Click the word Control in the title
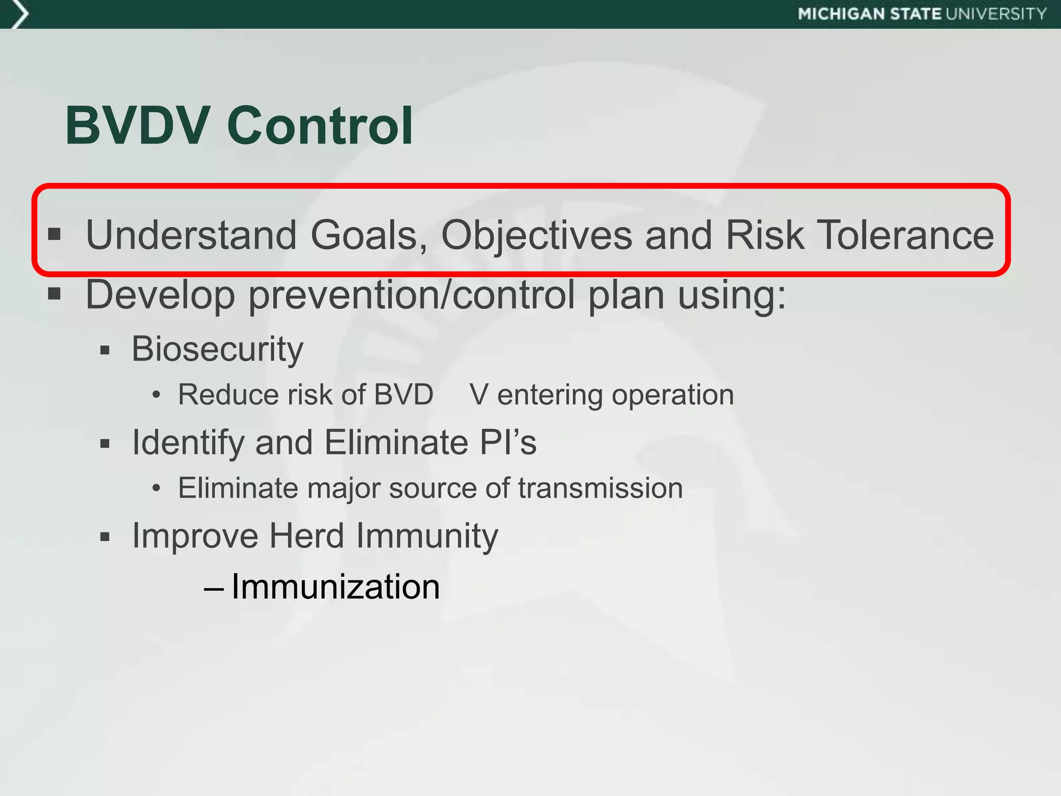click(x=320, y=125)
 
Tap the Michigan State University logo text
click(x=922, y=14)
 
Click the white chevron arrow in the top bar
click(x=19, y=14)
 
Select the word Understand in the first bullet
click(x=191, y=235)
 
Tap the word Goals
click(x=369, y=235)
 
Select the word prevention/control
click(x=412, y=294)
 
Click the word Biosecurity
click(x=217, y=349)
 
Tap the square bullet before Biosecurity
click(x=105, y=351)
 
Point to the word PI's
click(x=508, y=443)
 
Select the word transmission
click(x=600, y=488)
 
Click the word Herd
click(x=307, y=535)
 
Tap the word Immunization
click(x=335, y=587)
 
